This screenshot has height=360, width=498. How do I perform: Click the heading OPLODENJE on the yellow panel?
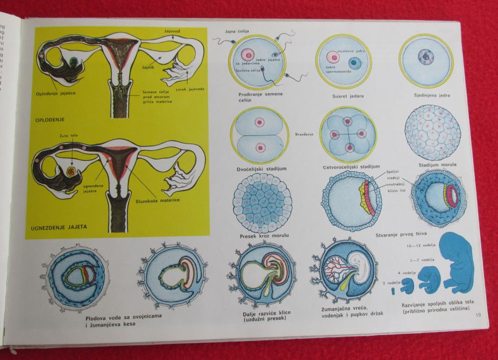pyautogui.click(x=50, y=119)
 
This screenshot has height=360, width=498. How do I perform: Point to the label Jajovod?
pyautogui.click(x=173, y=32)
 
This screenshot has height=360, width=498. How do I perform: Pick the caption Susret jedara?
pyautogui.click(x=348, y=96)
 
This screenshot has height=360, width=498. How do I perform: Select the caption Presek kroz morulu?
pyautogui.click(x=262, y=236)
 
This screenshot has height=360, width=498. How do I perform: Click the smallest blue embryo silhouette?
pyautogui.click(x=393, y=292)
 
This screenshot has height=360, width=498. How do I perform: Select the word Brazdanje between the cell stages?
pyautogui.click(x=304, y=134)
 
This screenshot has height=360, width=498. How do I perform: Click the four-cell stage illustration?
pyautogui.click(x=347, y=134)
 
